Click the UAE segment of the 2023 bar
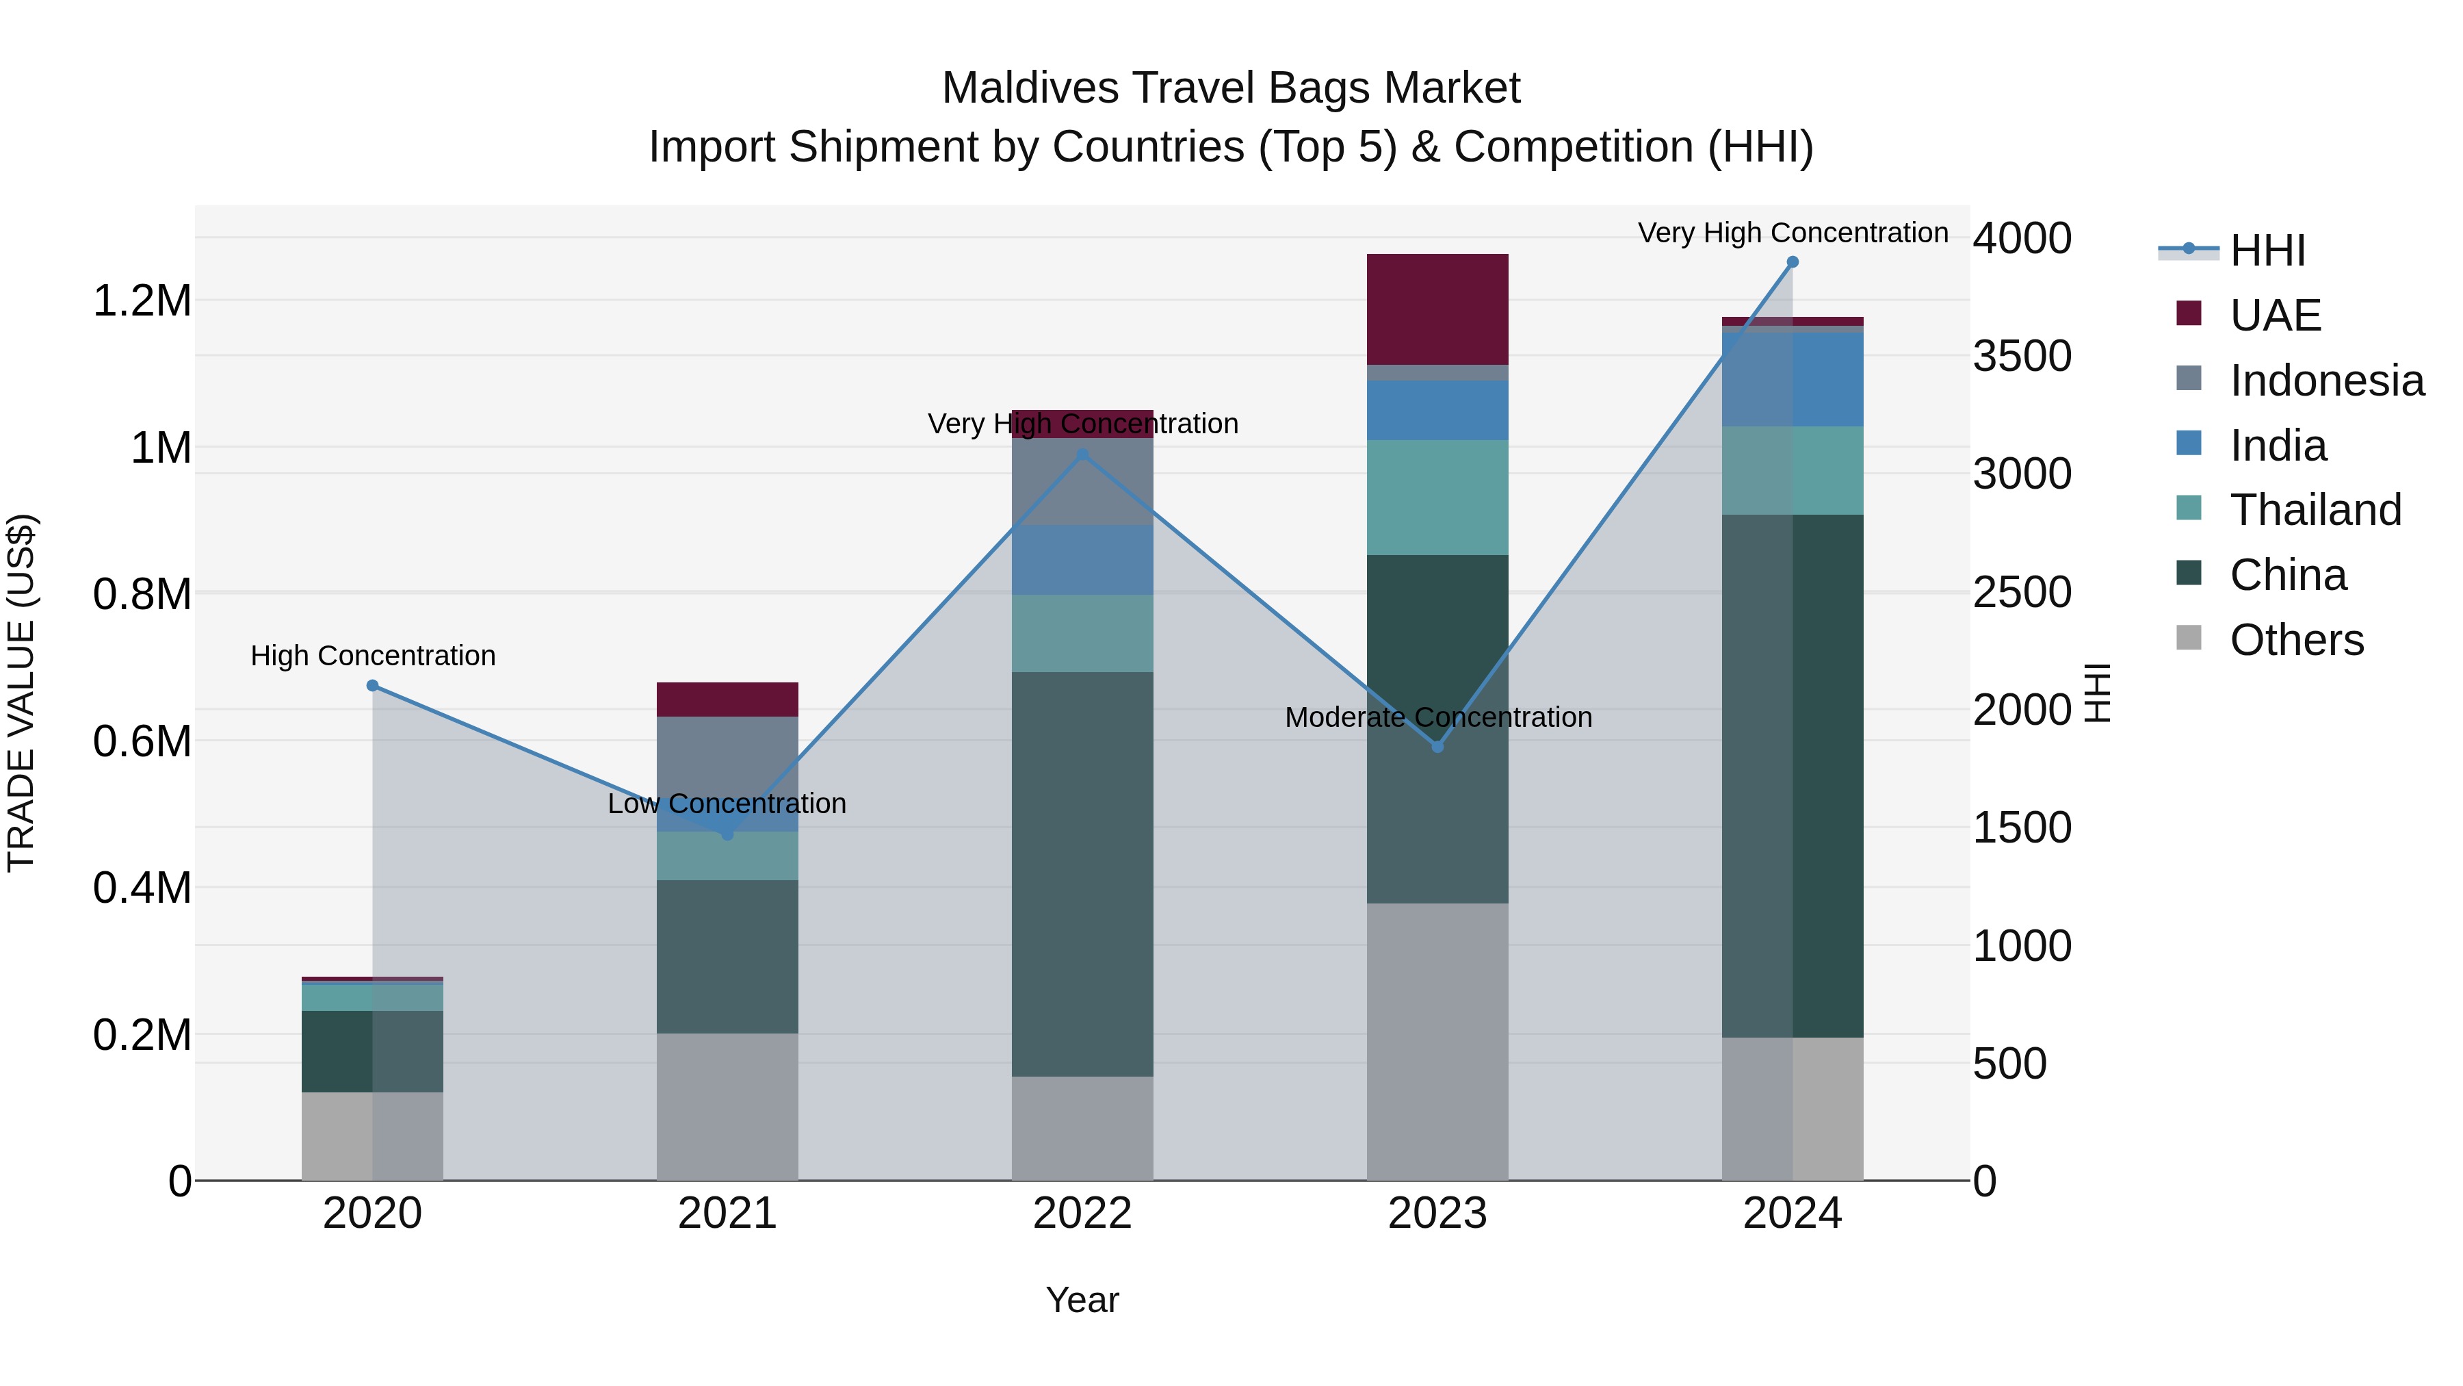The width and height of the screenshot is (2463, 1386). pyautogui.click(x=1437, y=309)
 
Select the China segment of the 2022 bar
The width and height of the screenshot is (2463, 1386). pyautogui.click(x=1082, y=873)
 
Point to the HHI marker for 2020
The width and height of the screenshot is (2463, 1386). pyautogui.click(x=373, y=686)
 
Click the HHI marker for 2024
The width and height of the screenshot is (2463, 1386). pyautogui.click(x=1793, y=262)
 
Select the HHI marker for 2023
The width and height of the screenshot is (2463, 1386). pyautogui.click(x=1437, y=746)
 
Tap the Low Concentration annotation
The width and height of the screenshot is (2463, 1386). pyautogui.click(x=727, y=804)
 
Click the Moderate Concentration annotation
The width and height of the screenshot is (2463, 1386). pyautogui.click(x=1438, y=717)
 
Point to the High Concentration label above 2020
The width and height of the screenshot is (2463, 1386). pyautogui.click(x=373, y=656)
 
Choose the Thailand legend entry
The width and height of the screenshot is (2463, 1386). pyautogui.click(x=2315, y=510)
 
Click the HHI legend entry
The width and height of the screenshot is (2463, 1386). pyautogui.click(x=2267, y=251)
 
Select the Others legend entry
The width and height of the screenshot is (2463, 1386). pyautogui.click(x=2295, y=640)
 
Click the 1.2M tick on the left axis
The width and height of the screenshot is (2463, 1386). pyautogui.click(x=142, y=301)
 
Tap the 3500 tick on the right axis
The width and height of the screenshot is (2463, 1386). pyautogui.click(x=2021, y=356)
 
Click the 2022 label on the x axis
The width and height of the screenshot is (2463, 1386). pyautogui.click(x=1082, y=1214)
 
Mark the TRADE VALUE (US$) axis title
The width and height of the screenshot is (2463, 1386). pyautogui.click(x=21, y=693)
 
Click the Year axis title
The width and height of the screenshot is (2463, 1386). pyautogui.click(x=1082, y=1300)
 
